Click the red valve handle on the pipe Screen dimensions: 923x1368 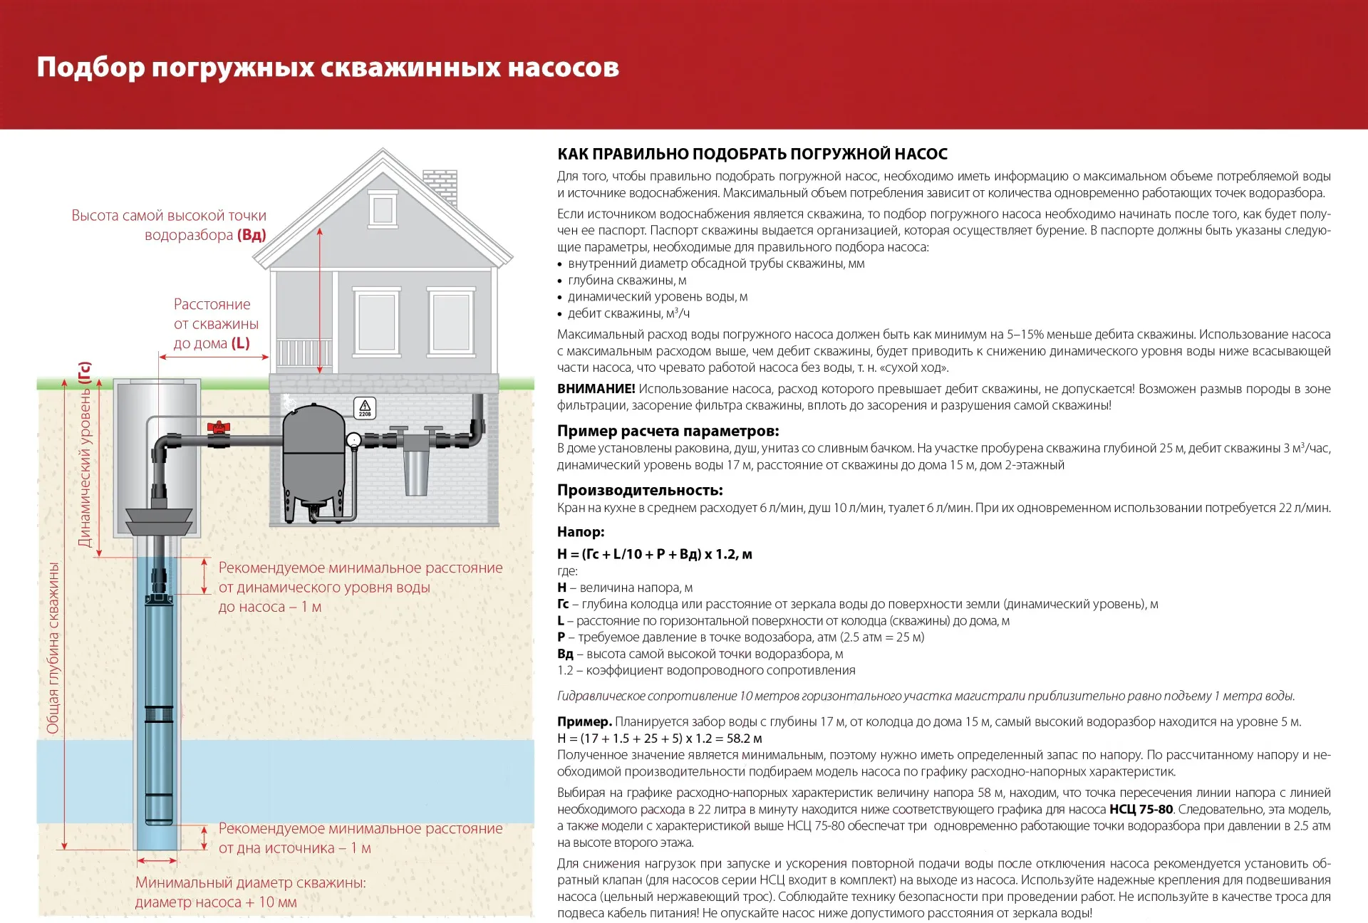click(219, 427)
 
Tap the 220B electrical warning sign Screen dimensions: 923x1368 click(365, 408)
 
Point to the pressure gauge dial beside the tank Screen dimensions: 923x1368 click(354, 440)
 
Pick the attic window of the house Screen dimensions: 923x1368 click(383, 209)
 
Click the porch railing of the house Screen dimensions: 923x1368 click(304, 353)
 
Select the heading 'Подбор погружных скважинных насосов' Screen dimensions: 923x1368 click(328, 68)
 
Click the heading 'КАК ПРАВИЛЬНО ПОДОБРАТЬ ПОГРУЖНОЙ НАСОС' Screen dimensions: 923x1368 click(752, 154)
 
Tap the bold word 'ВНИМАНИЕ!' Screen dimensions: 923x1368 click(596, 389)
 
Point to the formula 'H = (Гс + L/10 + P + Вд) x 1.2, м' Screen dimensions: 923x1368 click(655, 554)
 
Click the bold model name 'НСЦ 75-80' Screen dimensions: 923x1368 click(1141, 809)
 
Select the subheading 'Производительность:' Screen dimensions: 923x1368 click(640, 490)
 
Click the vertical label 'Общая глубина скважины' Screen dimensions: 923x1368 click(53, 648)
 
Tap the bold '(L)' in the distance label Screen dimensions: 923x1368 click(241, 343)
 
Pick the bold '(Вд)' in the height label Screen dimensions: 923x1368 click(252, 235)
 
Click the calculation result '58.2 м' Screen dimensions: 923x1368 click(744, 739)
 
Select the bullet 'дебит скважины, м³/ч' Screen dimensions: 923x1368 click(628, 313)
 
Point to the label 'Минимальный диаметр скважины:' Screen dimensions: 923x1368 click(251, 882)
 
